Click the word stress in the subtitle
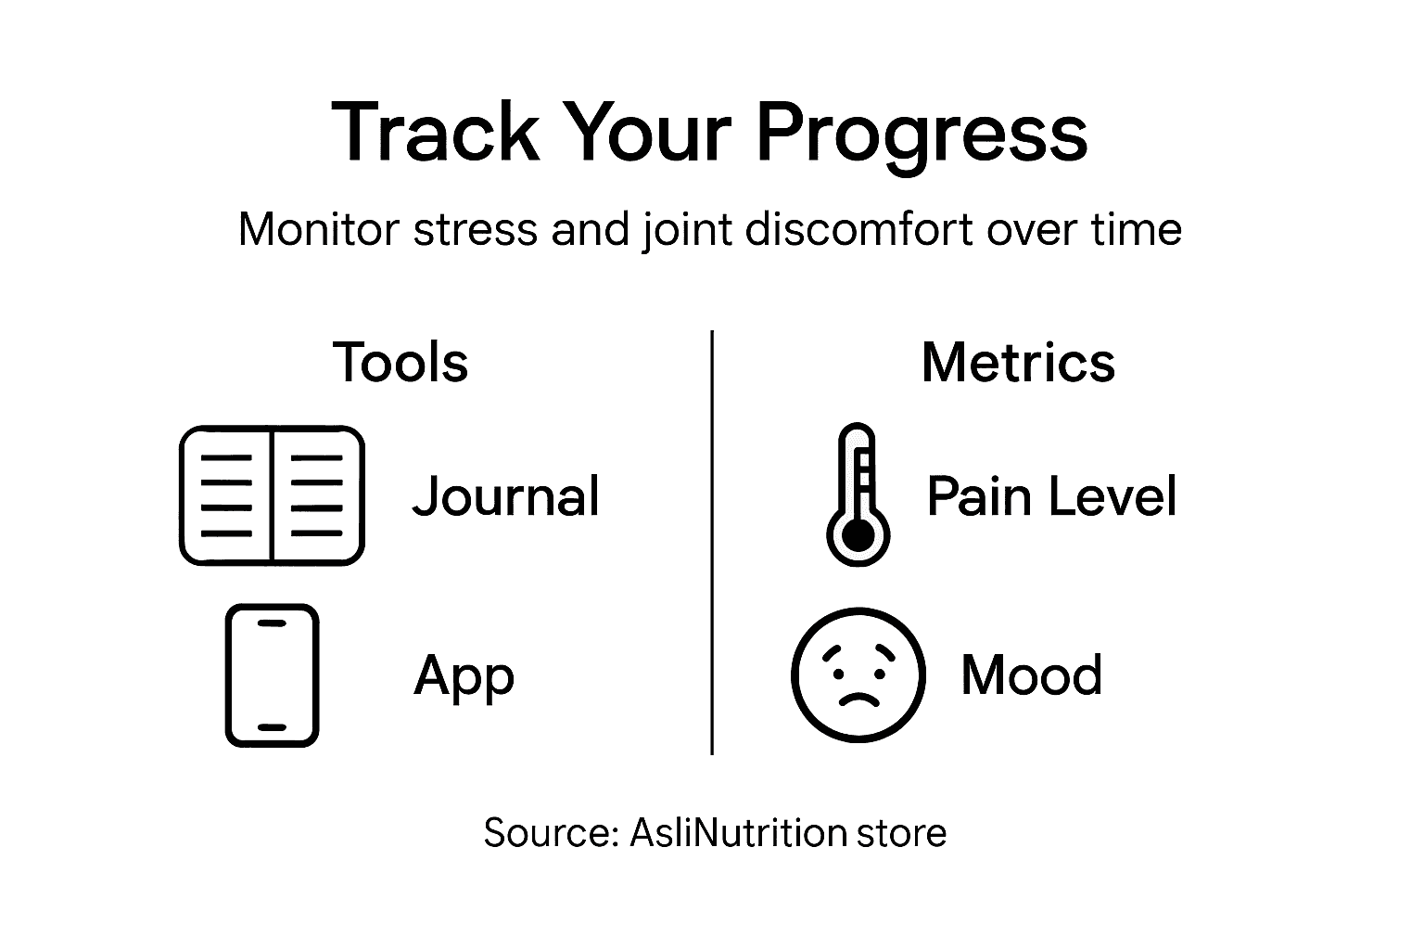(x=475, y=229)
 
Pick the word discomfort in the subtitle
(x=858, y=229)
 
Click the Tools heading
(x=400, y=362)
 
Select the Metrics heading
(x=1018, y=362)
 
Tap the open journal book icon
(x=272, y=495)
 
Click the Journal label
(x=506, y=495)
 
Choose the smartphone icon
(x=272, y=675)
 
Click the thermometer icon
(x=858, y=495)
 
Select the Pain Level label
(x=1051, y=495)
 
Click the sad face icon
(x=858, y=675)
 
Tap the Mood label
(x=1031, y=675)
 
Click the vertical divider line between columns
(x=711, y=542)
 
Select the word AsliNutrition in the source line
(x=738, y=833)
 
